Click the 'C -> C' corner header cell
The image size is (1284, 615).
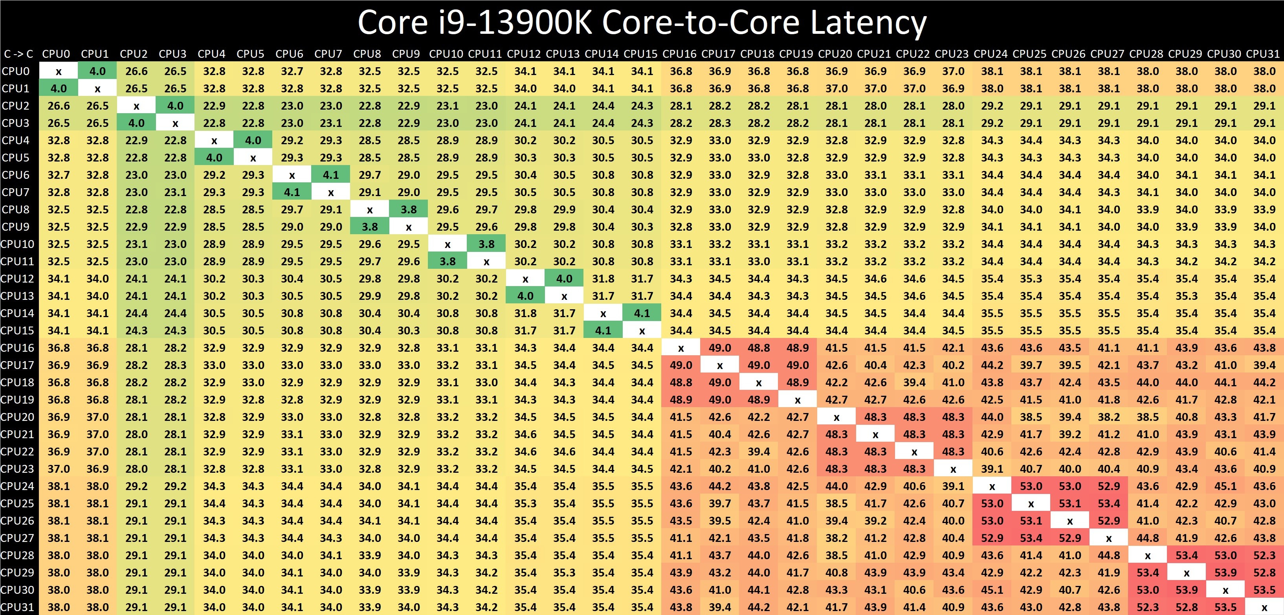pos(18,54)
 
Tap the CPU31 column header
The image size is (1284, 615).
pos(1263,54)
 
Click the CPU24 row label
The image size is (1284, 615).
pos(17,486)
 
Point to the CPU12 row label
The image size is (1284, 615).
pos(17,279)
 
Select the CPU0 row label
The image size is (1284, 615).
pos(16,71)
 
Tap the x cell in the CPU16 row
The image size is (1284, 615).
pos(681,348)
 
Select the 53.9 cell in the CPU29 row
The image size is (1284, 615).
pos(1225,573)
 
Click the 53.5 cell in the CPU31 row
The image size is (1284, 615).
pos(1225,607)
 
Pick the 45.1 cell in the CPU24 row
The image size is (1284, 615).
pos(1225,486)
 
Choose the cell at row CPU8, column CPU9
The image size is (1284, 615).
pos(409,209)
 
